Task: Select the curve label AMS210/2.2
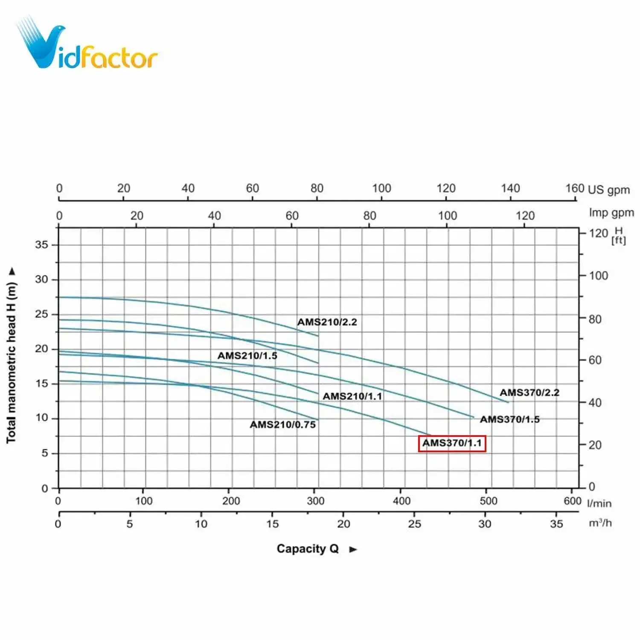pyautogui.click(x=327, y=322)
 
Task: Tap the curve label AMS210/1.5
pyautogui.click(x=247, y=355)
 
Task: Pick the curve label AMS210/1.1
pyautogui.click(x=352, y=396)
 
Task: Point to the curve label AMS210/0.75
pyautogui.click(x=283, y=425)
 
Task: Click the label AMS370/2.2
pyautogui.click(x=529, y=393)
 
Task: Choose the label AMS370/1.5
pyautogui.click(x=510, y=419)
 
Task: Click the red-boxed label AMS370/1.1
pyautogui.click(x=452, y=443)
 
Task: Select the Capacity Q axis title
pyautogui.click(x=307, y=549)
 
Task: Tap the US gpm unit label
pyautogui.click(x=609, y=190)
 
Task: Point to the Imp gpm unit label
pyautogui.click(x=611, y=212)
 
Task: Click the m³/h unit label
pyautogui.click(x=600, y=523)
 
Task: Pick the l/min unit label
pyautogui.click(x=599, y=503)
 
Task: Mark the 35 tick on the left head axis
pyautogui.click(x=42, y=245)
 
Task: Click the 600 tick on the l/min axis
pyautogui.click(x=572, y=501)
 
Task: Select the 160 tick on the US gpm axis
pyautogui.click(x=574, y=188)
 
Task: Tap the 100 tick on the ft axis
pyautogui.click(x=598, y=276)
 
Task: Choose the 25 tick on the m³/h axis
pyautogui.click(x=414, y=524)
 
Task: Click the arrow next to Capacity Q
pyautogui.click(x=353, y=550)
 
